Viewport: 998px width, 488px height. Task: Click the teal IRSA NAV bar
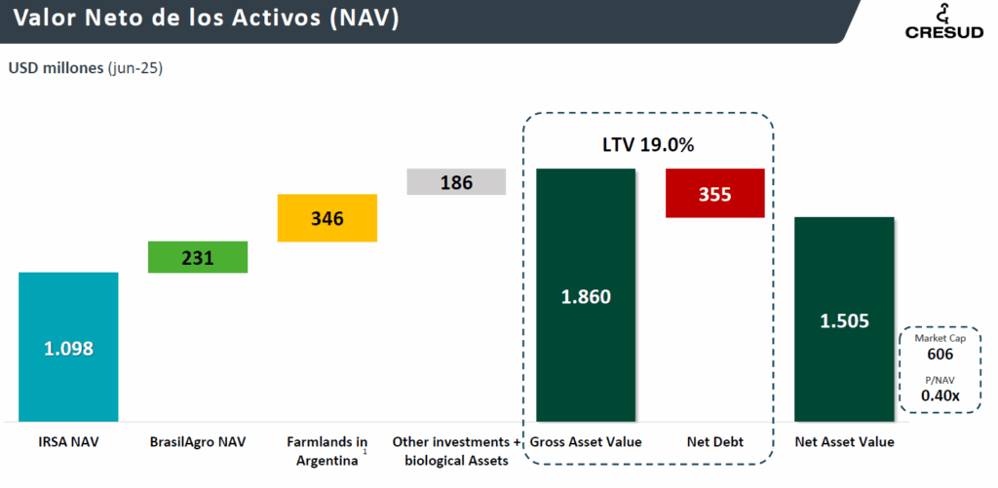pos(68,347)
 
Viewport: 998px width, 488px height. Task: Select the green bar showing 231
pos(198,257)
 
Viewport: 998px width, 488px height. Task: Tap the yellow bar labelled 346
pos(327,218)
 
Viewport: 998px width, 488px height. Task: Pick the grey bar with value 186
pos(456,182)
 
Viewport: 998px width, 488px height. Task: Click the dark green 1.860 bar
pos(586,295)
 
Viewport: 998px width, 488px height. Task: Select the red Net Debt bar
pos(714,193)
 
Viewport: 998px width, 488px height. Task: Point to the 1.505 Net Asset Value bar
pos(844,319)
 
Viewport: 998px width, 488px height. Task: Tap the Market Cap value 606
pos(940,355)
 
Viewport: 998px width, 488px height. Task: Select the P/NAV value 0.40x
pos(940,395)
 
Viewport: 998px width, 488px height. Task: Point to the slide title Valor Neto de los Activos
pos(206,20)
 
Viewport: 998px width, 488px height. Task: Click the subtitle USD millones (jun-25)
pos(86,68)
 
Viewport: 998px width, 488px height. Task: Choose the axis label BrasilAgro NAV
pos(198,442)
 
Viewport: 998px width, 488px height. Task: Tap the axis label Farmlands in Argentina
pos(327,451)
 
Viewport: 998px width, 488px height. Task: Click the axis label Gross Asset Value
pos(586,442)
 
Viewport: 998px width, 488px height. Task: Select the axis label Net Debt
pos(714,442)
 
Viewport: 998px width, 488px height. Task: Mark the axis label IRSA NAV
pos(68,442)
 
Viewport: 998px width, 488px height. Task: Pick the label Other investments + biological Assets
pos(456,451)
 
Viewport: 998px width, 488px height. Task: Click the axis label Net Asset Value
pos(844,442)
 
